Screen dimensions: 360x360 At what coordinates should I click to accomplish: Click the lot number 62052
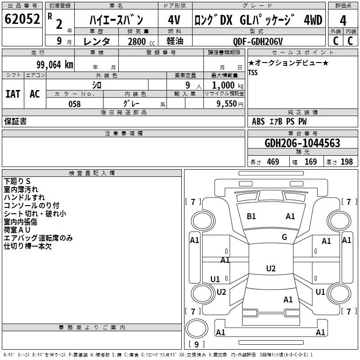22,20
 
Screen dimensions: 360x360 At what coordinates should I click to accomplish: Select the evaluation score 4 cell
343,21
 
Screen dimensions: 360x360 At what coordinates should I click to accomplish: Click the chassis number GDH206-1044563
302,144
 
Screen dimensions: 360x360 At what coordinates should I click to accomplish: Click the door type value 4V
174,20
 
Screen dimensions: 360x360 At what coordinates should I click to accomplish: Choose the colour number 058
74,104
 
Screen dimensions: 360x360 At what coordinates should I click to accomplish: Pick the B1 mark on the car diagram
251,216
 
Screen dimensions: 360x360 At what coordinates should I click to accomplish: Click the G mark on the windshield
284,237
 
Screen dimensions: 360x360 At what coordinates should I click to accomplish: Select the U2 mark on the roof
270,269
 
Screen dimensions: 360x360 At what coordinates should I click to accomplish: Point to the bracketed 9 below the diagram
196,345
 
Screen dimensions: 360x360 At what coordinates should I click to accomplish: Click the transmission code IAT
13,94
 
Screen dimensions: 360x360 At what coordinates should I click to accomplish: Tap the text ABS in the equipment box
258,121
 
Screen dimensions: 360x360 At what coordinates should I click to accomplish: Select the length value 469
272,162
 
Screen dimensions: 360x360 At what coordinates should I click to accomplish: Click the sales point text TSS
253,72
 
